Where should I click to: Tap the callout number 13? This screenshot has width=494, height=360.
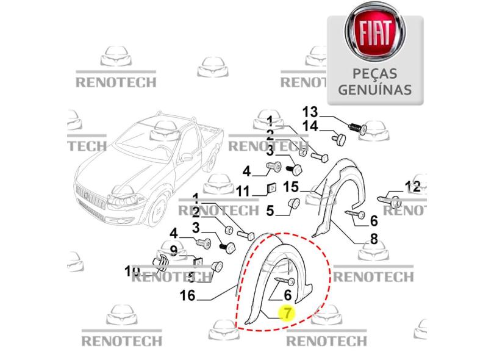point(310,112)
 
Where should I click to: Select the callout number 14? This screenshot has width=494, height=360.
point(310,126)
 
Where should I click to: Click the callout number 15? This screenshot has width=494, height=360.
point(290,187)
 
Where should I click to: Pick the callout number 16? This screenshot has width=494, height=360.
point(187,296)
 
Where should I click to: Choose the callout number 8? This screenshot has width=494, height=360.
point(373,239)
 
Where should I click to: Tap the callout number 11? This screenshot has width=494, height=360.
point(243,191)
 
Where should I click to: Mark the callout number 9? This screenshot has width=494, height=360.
point(173,250)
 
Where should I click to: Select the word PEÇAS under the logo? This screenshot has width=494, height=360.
point(374,74)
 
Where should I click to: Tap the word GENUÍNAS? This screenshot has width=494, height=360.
point(374,89)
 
